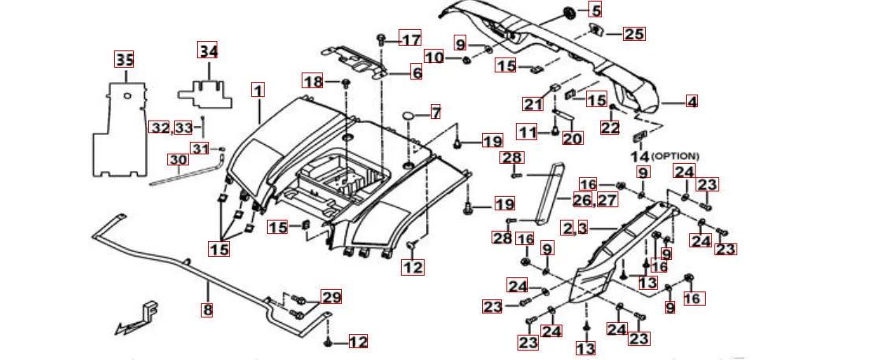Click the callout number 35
(124, 59)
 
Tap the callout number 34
(207, 50)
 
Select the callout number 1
(258, 90)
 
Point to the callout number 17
(410, 39)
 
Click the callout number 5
(596, 11)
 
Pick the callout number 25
(634, 34)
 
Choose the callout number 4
(691, 102)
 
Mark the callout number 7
(436, 113)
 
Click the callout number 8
(207, 310)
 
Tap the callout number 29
(332, 297)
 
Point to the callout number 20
(573, 139)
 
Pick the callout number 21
(534, 104)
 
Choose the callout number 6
(416, 73)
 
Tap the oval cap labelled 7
(409, 117)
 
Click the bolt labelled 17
(381, 37)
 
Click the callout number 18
(313, 81)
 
